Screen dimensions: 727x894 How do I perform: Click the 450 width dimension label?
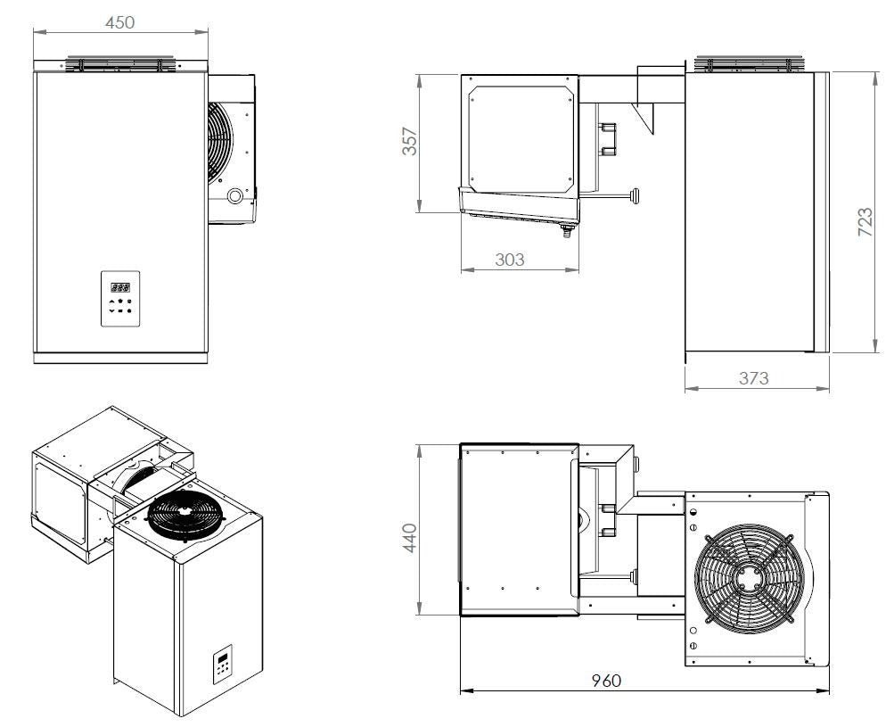click(x=120, y=22)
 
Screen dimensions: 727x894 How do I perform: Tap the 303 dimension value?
click(x=509, y=260)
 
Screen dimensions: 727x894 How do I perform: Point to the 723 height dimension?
click(x=865, y=222)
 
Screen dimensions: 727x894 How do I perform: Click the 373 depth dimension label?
click(x=753, y=377)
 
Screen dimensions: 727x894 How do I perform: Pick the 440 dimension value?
click(x=408, y=539)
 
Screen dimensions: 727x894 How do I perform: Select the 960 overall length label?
click(x=607, y=680)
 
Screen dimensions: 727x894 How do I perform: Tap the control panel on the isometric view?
click(x=221, y=663)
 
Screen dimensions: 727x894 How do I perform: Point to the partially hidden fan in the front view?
click(x=219, y=143)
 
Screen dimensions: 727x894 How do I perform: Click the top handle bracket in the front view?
click(x=120, y=64)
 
